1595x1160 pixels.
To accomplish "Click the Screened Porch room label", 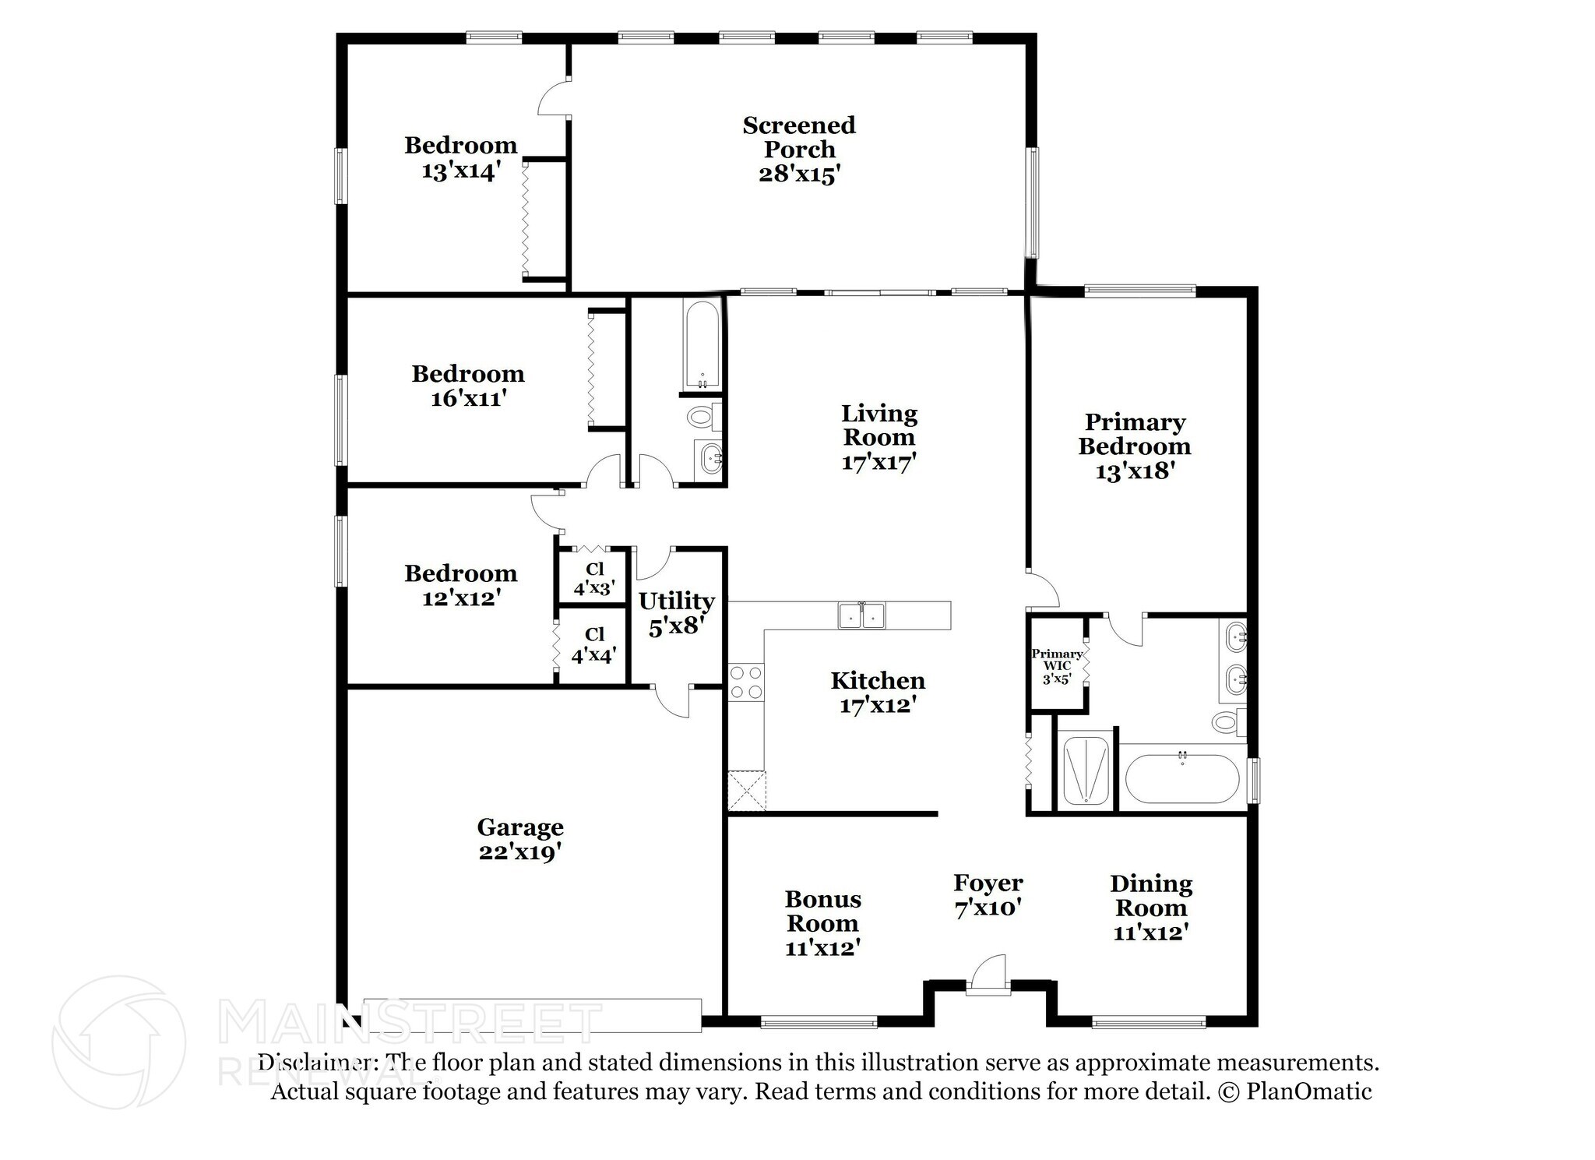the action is [799, 149].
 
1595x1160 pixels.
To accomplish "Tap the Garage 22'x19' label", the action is [520, 839].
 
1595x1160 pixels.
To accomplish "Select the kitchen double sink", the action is [862, 615].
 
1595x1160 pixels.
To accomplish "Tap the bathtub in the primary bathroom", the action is [1182, 777].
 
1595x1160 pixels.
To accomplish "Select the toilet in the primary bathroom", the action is [1230, 721].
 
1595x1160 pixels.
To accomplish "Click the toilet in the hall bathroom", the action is [706, 417].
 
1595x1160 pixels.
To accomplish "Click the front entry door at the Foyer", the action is [988, 975].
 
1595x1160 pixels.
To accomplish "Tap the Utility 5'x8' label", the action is [677, 613].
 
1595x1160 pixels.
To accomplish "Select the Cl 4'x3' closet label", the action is [595, 579].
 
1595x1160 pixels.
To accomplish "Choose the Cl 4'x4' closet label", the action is [595, 645].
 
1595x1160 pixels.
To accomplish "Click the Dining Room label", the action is [1151, 908].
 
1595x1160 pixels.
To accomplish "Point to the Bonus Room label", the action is [822, 923].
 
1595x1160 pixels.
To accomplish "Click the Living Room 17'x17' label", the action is [879, 437].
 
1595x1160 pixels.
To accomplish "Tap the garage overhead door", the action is [533, 1014].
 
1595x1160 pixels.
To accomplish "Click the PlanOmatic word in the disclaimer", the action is [1309, 1091].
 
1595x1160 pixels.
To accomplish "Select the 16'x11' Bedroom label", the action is [468, 386].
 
